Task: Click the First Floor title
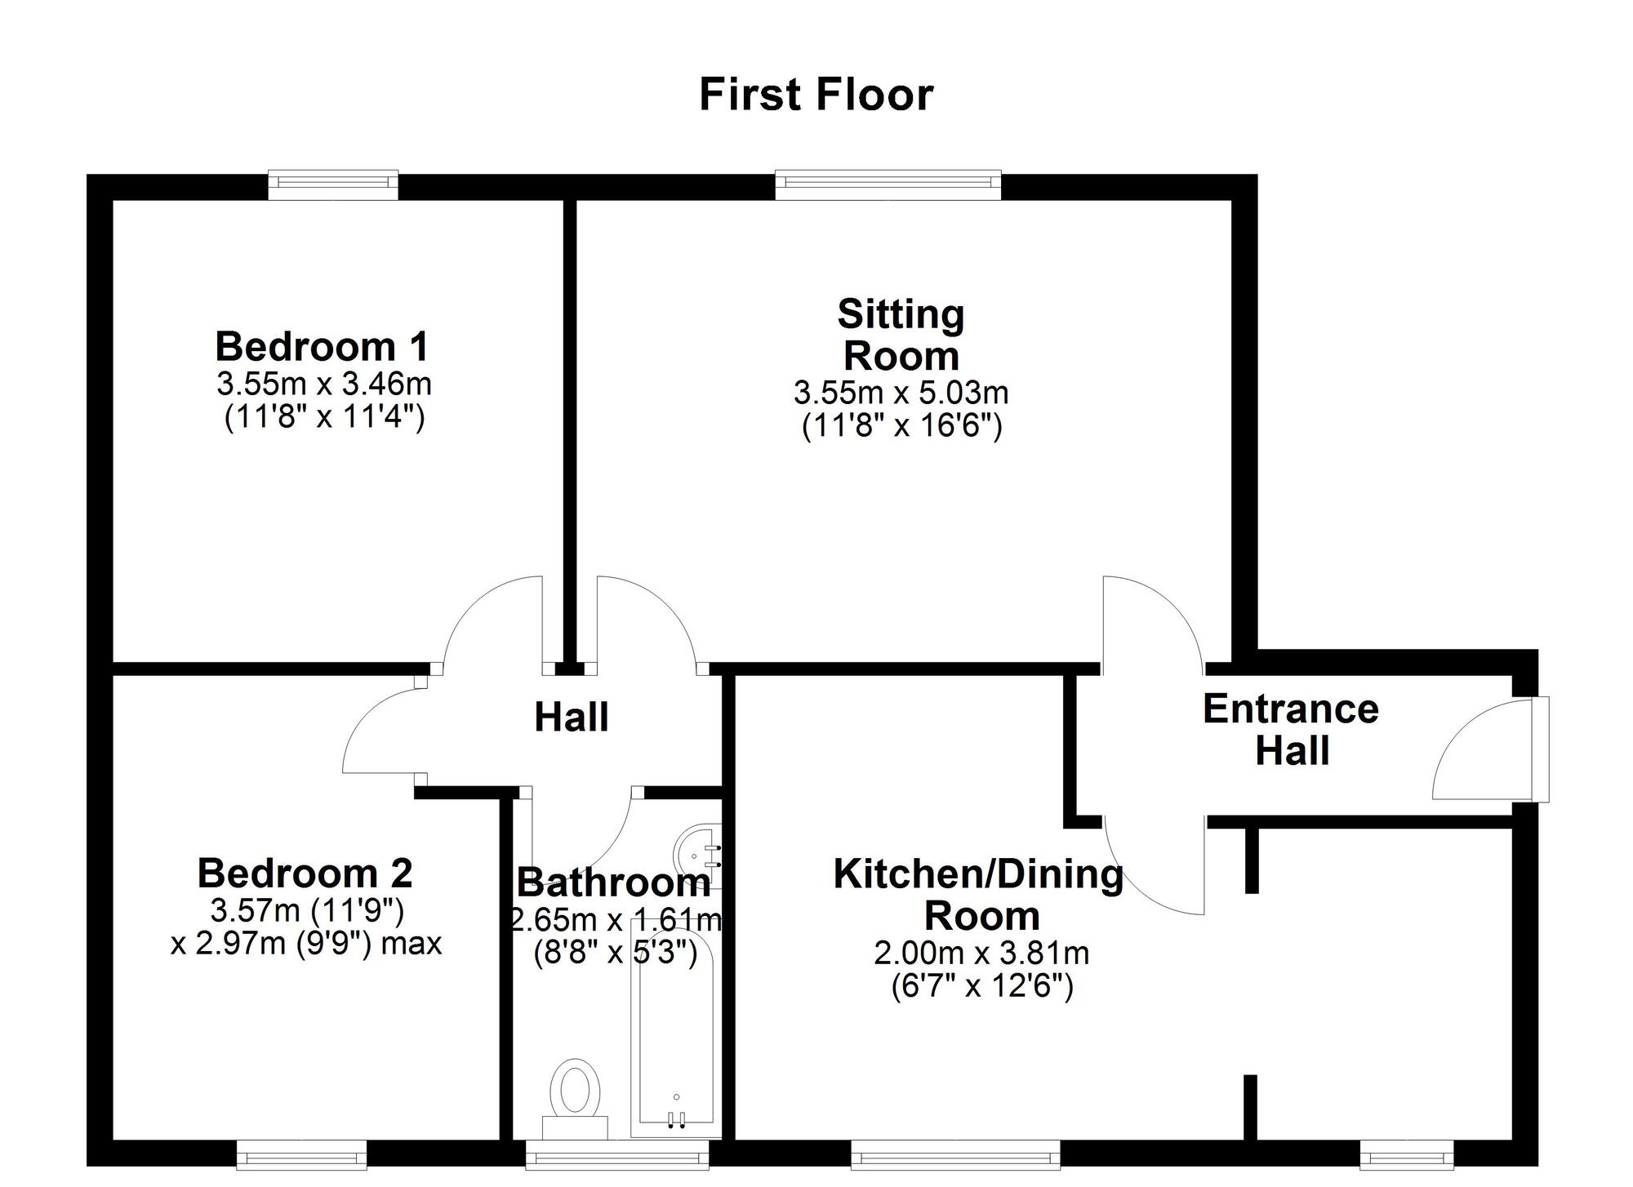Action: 816,95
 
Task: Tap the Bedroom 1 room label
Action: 322,347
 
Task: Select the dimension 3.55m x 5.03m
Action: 901,393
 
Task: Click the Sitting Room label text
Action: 901,335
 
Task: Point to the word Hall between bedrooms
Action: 571,718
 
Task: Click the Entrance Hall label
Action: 1291,729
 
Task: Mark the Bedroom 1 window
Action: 333,184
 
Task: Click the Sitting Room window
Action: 888,184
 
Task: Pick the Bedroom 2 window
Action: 301,1155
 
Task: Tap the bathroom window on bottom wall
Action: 616,1155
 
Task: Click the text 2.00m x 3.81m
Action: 981,953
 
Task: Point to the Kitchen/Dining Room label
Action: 980,895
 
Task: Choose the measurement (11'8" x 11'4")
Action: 324,418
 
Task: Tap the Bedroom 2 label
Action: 305,874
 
